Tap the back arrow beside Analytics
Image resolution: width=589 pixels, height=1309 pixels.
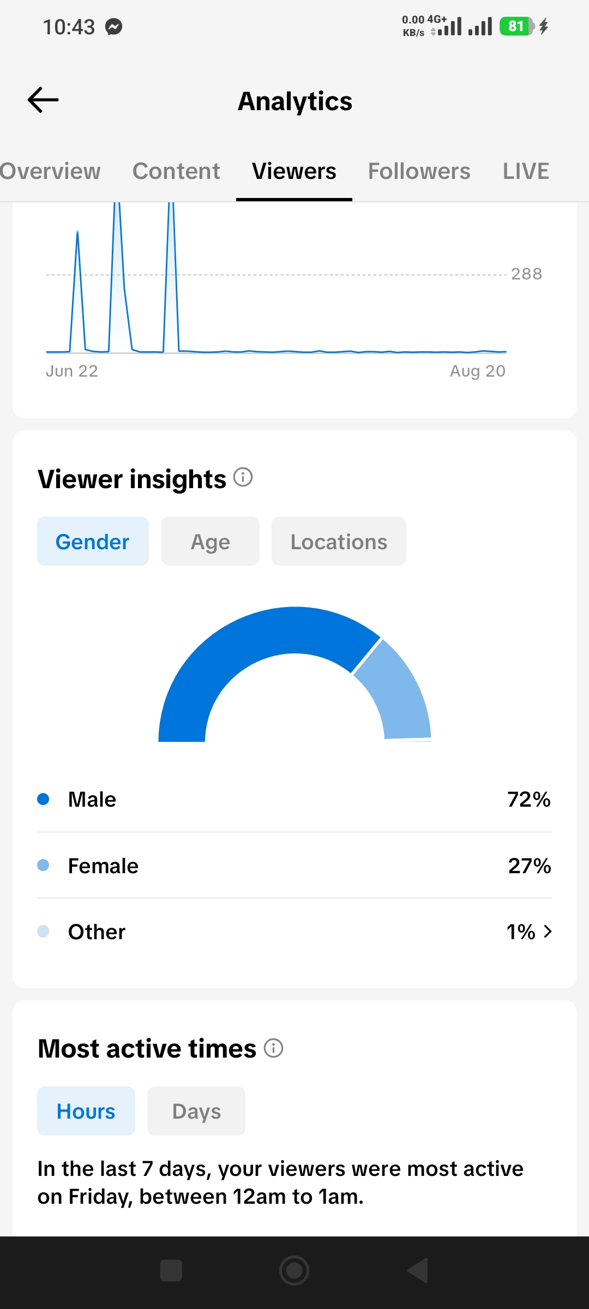tap(43, 100)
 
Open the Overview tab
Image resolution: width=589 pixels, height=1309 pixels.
tap(50, 171)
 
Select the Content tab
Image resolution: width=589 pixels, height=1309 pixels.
tap(176, 171)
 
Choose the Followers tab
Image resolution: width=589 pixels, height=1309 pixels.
tap(419, 171)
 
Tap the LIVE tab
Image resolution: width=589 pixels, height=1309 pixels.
tap(526, 171)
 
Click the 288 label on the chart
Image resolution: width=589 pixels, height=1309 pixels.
tap(526, 274)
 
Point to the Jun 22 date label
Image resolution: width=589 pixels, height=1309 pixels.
tap(72, 371)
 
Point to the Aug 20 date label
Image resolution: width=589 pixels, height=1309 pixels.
tap(478, 371)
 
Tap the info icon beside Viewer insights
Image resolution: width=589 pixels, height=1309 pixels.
tap(243, 477)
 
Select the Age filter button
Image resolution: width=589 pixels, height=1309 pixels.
tap(211, 541)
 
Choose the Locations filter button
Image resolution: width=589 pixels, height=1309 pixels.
tap(339, 541)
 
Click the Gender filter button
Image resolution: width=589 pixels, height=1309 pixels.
tap(93, 541)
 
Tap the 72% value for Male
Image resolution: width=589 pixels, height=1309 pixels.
tap(529, 800)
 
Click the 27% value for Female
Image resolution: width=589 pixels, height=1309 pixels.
tap(530, 866)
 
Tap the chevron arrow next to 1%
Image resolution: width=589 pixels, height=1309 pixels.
tap(548, 932)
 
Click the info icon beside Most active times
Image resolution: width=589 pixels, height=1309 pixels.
tap(274, 1048)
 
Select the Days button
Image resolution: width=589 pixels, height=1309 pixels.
tap(196, 1111)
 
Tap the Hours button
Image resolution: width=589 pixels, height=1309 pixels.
tap(86, 1111)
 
